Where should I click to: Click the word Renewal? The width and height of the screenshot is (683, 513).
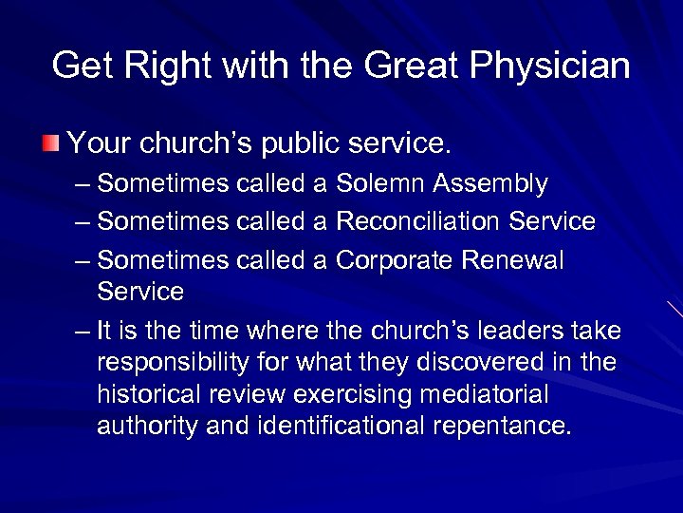(521, 260)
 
